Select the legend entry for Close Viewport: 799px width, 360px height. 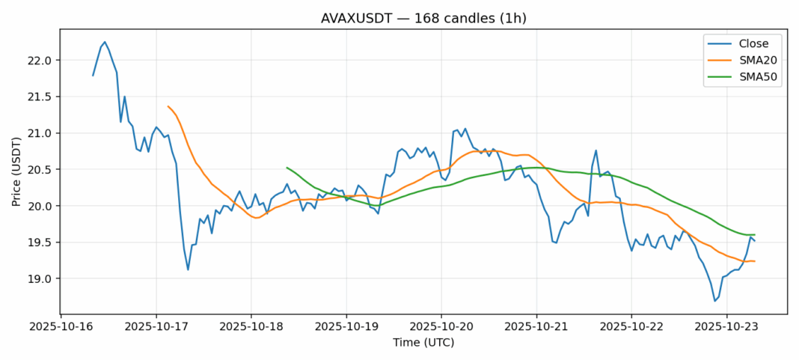748,43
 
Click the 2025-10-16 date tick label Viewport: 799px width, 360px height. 61,327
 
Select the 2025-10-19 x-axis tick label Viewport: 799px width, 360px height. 346,327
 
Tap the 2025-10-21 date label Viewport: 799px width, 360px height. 536,327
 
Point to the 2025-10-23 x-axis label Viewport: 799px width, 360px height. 726,327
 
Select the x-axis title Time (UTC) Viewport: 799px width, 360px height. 423,343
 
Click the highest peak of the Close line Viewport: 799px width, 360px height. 105,42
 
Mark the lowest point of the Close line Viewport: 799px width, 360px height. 715,301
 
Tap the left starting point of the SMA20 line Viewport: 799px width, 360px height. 168,106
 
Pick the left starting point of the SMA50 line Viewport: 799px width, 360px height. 287,168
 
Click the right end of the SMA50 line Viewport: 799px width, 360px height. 754,235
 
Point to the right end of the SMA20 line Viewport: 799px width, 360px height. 754,261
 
